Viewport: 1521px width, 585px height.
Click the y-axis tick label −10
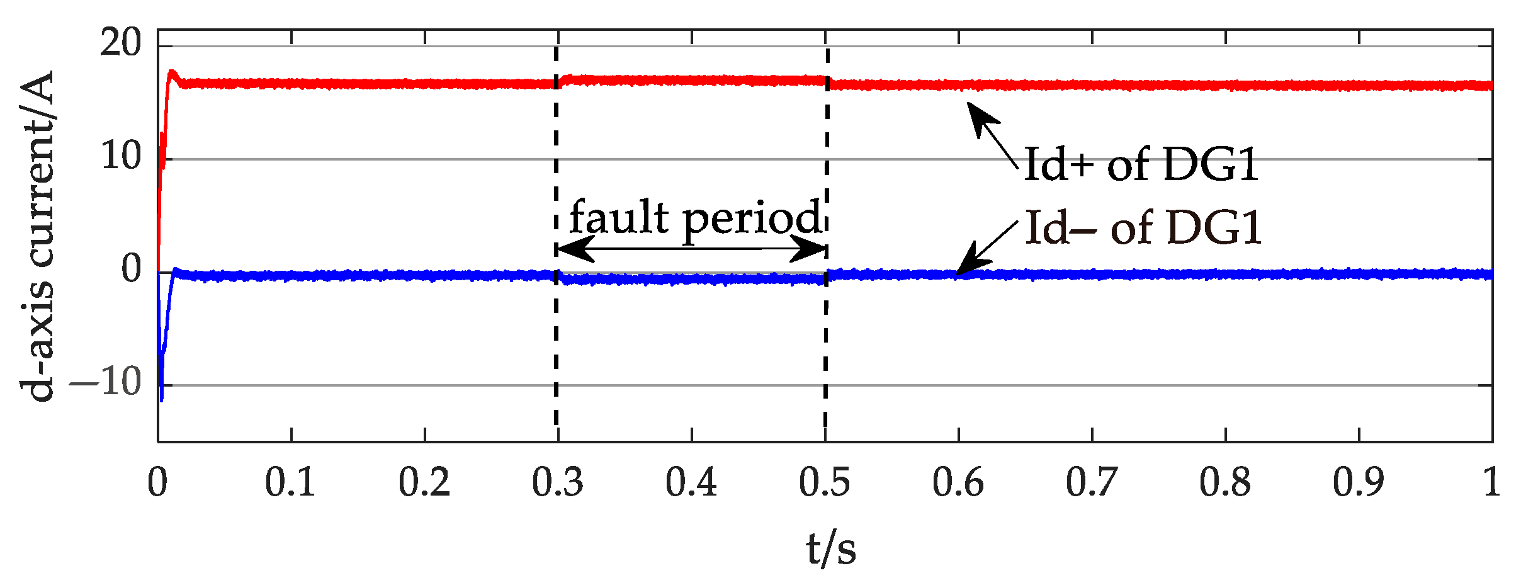106,382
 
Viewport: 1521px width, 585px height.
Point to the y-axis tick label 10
121,156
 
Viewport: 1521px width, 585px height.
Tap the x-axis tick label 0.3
557,483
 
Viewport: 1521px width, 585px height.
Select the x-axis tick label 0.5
825,483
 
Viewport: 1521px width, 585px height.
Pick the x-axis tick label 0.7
1092,483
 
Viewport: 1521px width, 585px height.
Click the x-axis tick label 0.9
1359,483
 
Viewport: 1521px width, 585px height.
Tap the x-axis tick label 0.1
290,483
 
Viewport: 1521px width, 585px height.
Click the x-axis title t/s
831,548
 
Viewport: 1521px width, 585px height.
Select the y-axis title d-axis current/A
38,236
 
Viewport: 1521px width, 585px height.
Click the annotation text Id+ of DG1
1141,165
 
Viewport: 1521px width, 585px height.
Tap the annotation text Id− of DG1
1143,228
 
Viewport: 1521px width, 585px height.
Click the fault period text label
696,218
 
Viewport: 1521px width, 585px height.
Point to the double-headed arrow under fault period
691,249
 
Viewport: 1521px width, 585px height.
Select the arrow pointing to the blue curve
986,247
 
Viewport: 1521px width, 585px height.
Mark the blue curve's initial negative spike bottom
162,399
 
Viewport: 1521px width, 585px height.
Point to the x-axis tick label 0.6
958,483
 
